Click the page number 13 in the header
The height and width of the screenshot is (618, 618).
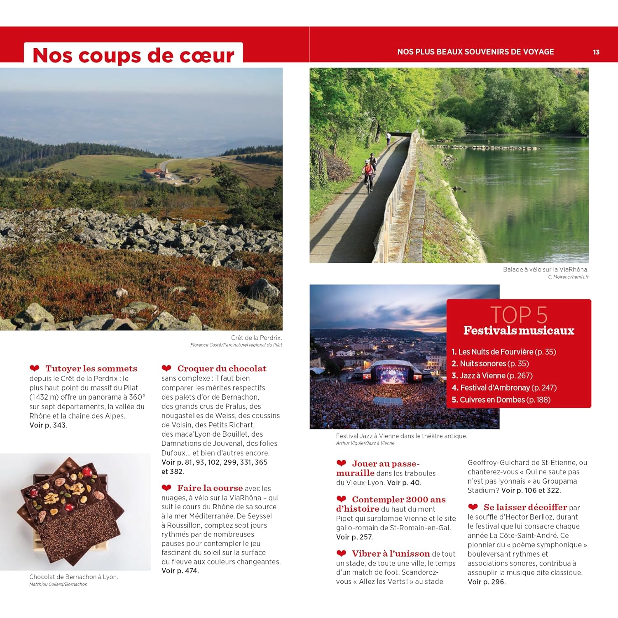click(x=596, y=52)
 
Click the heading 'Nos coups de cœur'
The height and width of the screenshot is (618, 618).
click(x=133, y=55)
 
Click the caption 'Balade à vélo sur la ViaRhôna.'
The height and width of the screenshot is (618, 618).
click(x=545, y=269)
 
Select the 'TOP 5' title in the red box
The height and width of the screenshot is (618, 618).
click(x=519, y=315)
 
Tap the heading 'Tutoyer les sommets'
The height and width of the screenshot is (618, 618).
click(x=91, y=368)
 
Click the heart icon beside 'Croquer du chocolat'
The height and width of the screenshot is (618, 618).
click(x=166, y=368)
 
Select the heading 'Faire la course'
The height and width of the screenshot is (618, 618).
click(x=210, y=488)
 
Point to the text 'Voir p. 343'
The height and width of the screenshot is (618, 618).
click(x=48, y=425)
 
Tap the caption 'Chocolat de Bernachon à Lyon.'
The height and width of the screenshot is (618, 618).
click(x=74, y=577)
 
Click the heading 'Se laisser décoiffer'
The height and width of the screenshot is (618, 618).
click(x=525, y=507)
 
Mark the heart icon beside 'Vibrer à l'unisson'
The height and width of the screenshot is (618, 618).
click(x=341, y=553)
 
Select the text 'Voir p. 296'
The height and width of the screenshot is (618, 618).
click(x=486, y=582)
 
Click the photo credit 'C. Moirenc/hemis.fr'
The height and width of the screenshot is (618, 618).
click(x=568, y=277)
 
